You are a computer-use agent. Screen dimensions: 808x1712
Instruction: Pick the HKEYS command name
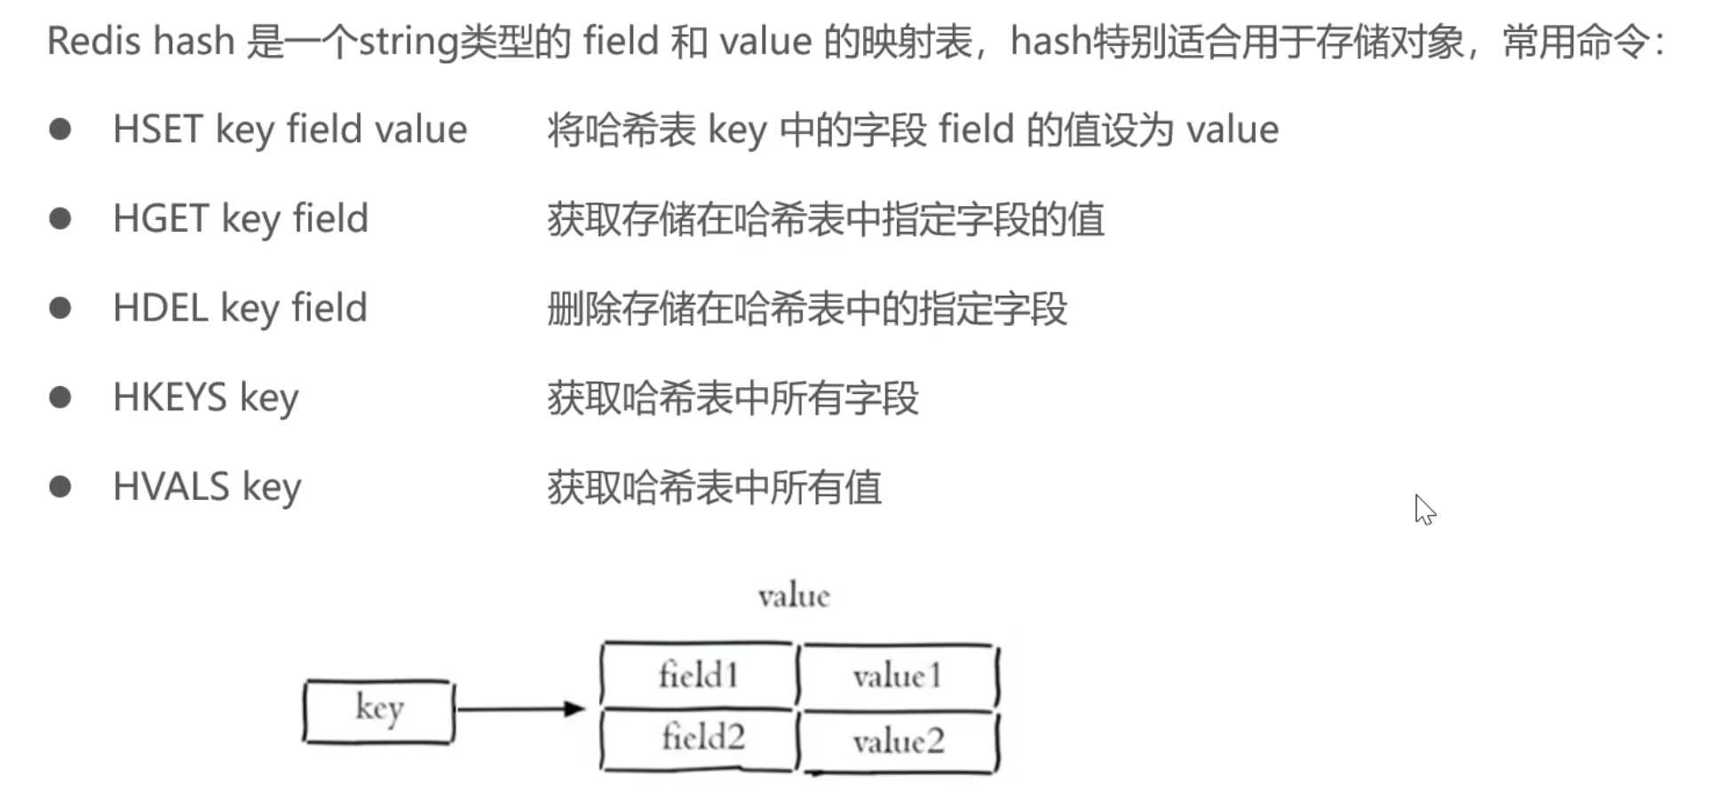click(x=170, y=398)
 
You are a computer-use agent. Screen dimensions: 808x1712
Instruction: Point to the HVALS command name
click(x=170, y=487)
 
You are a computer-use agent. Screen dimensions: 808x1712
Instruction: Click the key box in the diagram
click(x=378, y=710)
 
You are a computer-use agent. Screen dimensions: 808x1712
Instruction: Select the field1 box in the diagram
click(x=698, y=676)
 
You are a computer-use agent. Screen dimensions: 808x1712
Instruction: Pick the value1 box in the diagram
click(x=897, y=677)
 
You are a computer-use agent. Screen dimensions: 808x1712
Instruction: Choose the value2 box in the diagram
click(x=898, y=741)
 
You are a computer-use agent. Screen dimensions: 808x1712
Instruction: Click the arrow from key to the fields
click(x=520, y=709)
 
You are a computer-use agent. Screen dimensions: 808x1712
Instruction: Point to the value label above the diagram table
click(x=794, y=596)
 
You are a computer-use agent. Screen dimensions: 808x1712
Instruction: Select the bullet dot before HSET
click(x=60, y=130)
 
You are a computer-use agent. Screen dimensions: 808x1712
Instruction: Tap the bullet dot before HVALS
click(x=60, y=487)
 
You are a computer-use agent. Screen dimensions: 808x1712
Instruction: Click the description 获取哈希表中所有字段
click(x=733, y=399)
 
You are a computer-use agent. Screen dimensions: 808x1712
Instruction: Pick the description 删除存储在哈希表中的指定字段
click(x=807, y=309)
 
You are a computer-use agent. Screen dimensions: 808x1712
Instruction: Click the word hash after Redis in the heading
click(x=194, y=42)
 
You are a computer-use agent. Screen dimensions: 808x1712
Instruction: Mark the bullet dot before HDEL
click(x=60, y=308)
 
